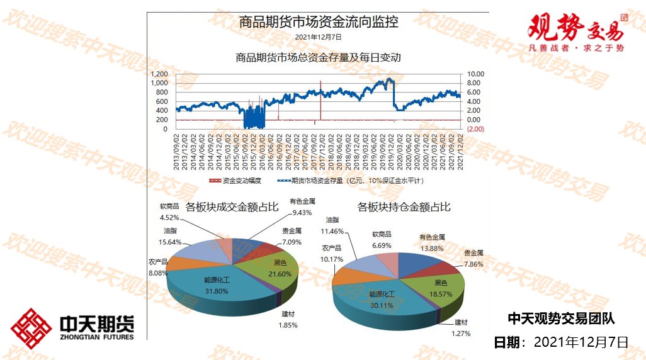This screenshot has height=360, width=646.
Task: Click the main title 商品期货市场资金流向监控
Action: [318, 22]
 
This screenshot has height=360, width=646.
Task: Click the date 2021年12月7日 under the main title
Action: [318, 37]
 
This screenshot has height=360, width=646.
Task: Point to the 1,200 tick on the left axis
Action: [159, 73]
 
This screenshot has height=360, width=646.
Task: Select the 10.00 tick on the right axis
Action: [473, 73]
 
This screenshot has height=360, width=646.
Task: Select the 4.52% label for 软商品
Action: [169, 218]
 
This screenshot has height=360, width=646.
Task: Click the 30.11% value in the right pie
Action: [382, 305]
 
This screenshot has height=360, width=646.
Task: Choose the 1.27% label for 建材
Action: [461, 334]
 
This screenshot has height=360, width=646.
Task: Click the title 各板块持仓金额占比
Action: [404, 206]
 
